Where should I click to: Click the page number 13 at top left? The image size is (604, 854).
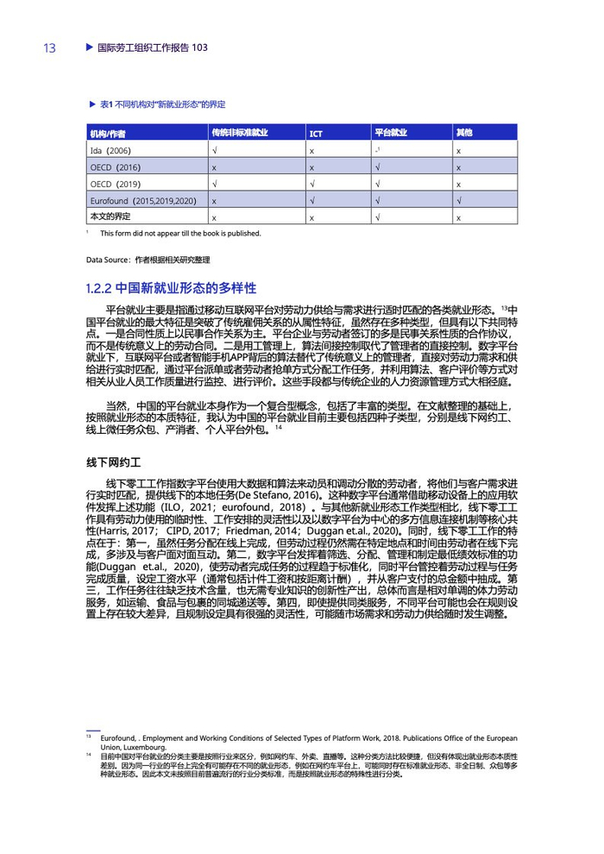(x=49, y=48)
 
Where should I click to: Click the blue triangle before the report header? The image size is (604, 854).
(x=89, y=47)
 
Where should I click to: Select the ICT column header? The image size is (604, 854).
(x=316, y=134)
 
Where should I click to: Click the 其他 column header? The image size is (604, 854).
(x=464, y=133)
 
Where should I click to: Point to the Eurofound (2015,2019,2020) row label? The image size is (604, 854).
(x=143, y=200)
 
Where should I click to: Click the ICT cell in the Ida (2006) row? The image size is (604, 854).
(x=311, y=151)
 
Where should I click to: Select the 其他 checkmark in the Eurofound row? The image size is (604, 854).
(x=459, y=200)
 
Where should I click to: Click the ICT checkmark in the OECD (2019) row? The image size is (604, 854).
(x=312, y=184)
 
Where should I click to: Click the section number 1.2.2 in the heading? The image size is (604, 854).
(x=99, y=287)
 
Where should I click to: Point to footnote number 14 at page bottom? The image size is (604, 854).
(x=89, y=755)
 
